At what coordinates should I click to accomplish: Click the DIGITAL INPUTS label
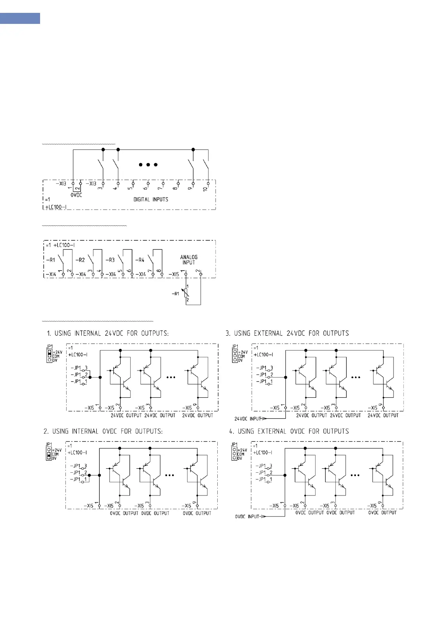coord(150,199)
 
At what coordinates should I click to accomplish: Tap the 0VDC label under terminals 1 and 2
coord(76,195)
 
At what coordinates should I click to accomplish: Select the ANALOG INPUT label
coord(189,260)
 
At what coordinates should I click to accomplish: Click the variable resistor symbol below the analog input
coord(186,293)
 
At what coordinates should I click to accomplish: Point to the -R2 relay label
coord(80,260)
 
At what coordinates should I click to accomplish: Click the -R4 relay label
coord(140,260)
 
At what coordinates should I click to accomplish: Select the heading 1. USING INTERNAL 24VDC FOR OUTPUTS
coord(108,333)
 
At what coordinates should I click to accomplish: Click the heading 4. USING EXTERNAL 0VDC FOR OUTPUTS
coord(289,431)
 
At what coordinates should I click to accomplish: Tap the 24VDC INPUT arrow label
coord(248,419)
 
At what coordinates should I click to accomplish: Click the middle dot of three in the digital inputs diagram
coord(148,165)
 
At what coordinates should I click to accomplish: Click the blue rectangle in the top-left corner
coord(20,18)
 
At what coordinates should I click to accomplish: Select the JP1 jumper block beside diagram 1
coord(49,356)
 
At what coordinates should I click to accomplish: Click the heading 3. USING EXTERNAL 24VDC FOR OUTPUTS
coord(287,333)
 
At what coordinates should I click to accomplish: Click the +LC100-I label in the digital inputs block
coord(56,207)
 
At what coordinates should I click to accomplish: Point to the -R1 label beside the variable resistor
coord(176,294)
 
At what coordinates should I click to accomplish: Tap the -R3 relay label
coord(110,260)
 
